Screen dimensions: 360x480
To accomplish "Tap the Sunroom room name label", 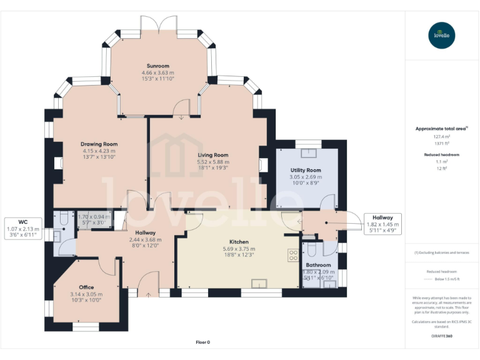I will (x=157, y=66).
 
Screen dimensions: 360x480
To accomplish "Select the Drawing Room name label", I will (x=100, y=144).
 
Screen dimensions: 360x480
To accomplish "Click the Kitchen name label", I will (x=239, y=242).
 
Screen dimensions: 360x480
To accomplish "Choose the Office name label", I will (x=86, y=287).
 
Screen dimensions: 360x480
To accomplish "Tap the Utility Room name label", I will (x=306, y=170).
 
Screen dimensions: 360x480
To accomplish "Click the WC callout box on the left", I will (x=22, y=229).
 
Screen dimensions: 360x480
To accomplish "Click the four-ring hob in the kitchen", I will (x=292, y=254).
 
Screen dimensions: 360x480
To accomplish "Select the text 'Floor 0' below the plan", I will (x=203, y=342).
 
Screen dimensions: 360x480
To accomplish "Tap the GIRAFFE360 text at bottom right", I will (x=442, y=336).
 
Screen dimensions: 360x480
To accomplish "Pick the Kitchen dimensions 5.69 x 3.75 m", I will (x=239, y=249).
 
